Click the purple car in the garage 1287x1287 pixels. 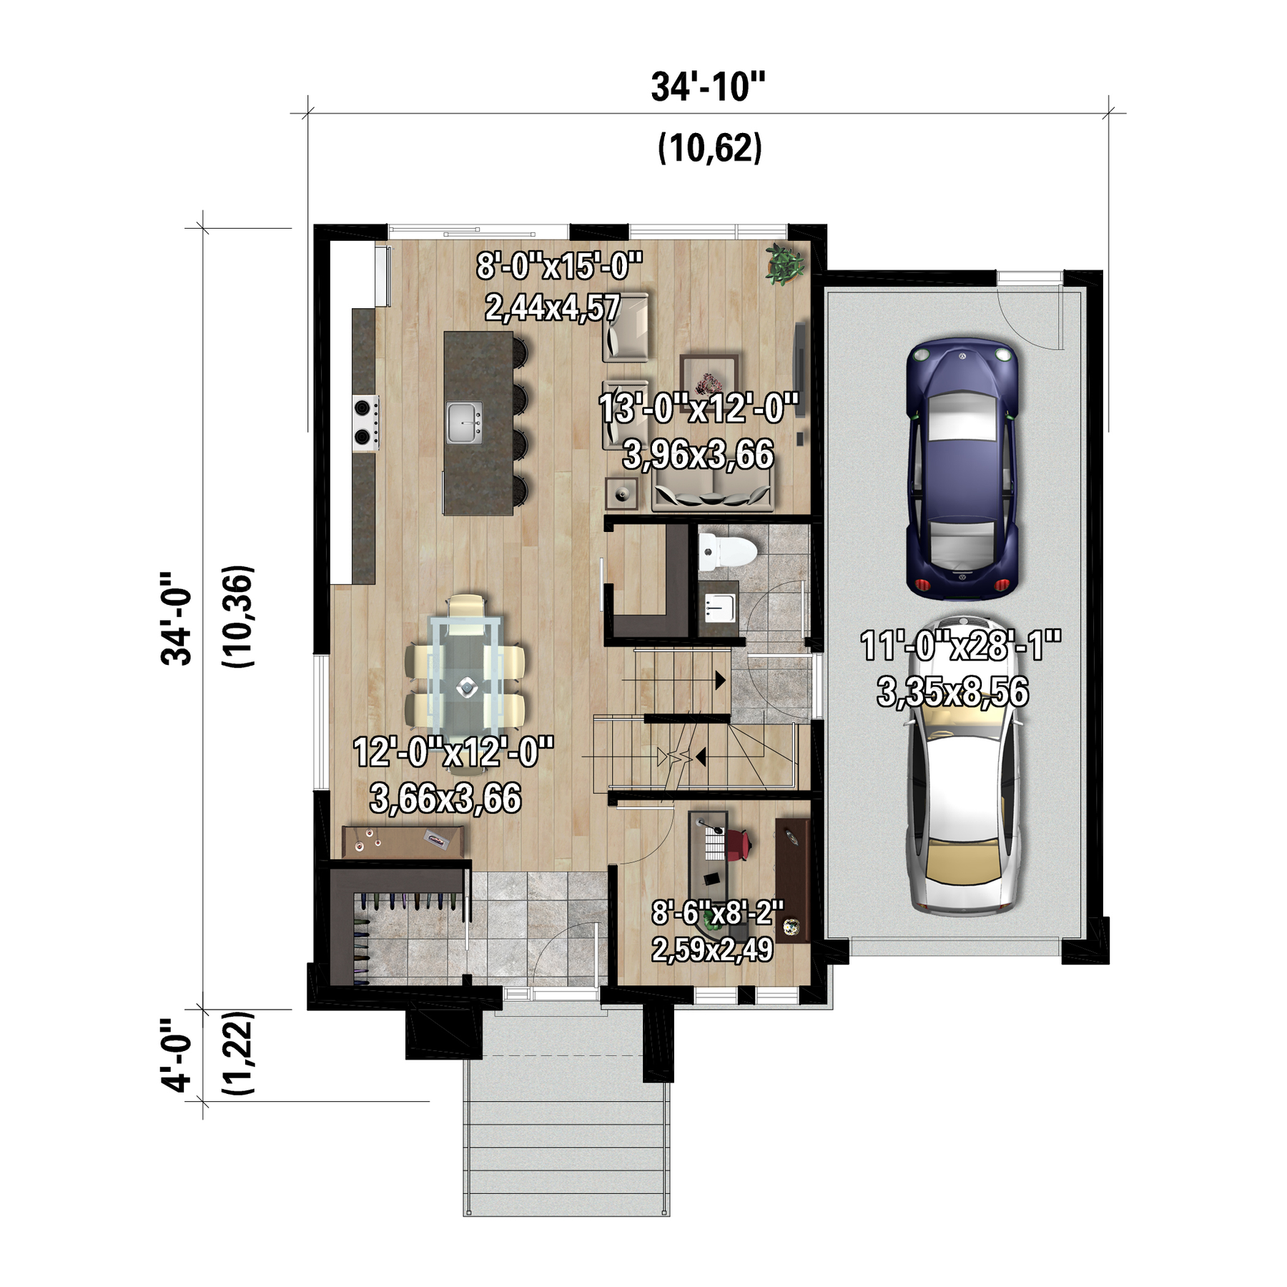[x=962, y=468]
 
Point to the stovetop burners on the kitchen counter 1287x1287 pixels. [x=365, y=423]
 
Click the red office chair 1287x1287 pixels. [x=738, y=843]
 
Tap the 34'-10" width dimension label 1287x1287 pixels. [x=708, y=87]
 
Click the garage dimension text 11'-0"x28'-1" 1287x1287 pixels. [x=960, y=646]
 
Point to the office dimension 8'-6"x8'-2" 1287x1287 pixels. [x=717, y=912]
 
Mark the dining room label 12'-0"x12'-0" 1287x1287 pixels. [x=453, y=752]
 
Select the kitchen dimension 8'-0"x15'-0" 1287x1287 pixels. [x=560, y=266]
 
